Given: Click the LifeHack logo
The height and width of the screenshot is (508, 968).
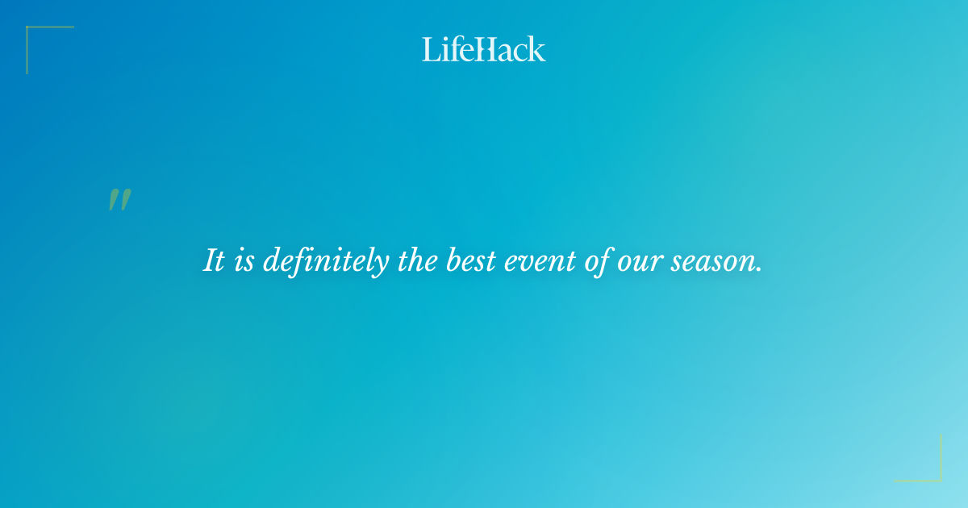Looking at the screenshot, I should (484, 49).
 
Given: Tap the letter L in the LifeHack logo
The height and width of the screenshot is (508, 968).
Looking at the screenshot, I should (430, 49).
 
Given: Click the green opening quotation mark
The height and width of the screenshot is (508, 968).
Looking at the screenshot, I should (119, 200).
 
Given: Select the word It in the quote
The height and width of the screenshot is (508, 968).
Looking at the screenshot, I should (214, 260).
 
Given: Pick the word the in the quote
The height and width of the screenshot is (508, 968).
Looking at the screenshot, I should (417, 260).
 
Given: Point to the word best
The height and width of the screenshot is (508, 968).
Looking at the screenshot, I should (471, 260).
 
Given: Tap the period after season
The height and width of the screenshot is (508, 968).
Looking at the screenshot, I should (759, 270).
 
